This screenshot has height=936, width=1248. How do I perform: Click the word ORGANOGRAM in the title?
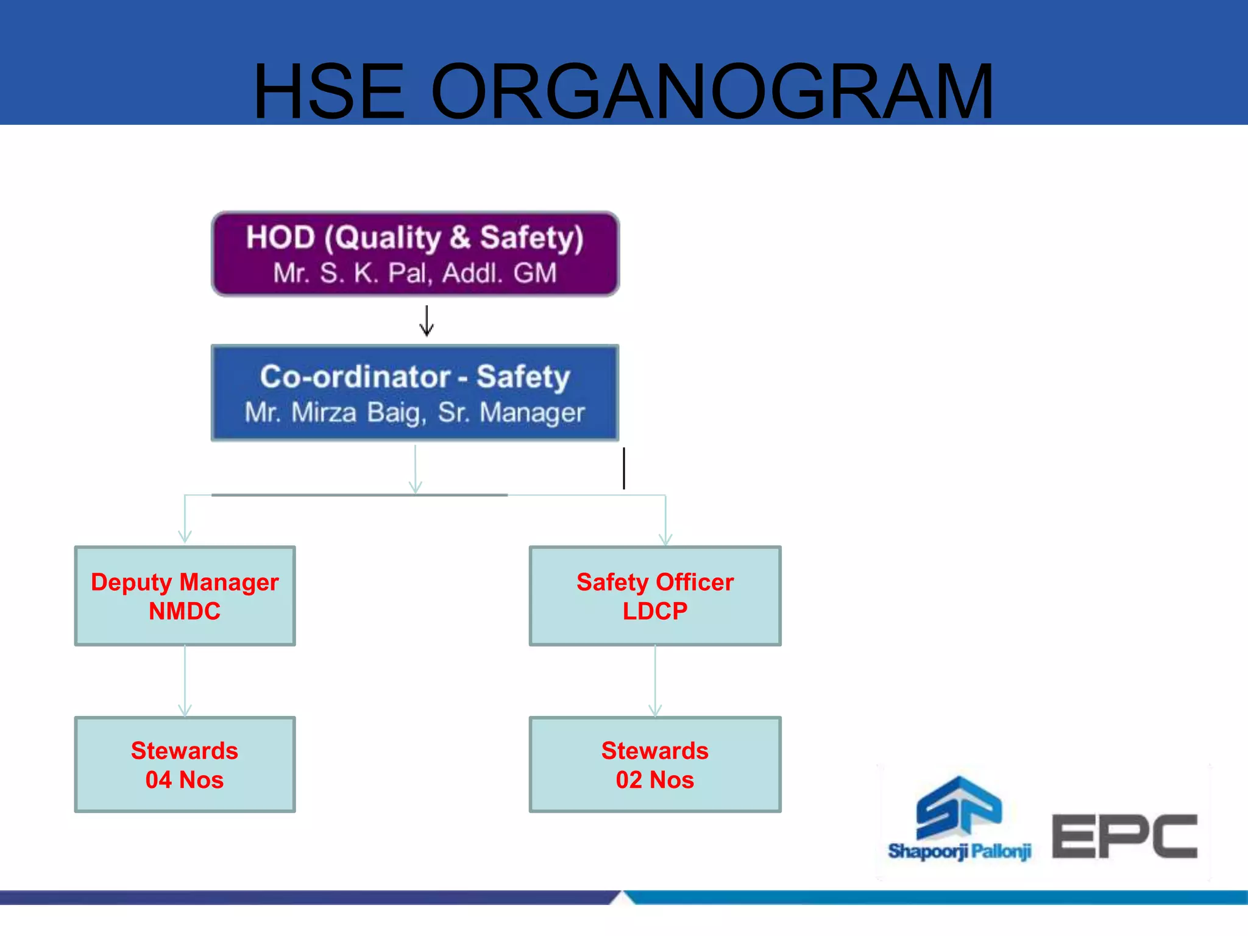click(x=712, y=91)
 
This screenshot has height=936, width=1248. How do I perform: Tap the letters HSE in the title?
click(x=329, y=91)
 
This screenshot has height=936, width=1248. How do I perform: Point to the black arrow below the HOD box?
click(x=427, y=321)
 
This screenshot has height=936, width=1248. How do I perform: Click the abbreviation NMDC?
click(x=185, y=611)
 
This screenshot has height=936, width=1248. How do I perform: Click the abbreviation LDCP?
click(x=655, y=611)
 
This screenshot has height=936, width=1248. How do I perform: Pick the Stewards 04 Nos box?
click(x=185, y=765)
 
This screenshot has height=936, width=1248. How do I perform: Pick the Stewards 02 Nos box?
click(x=655, y=765)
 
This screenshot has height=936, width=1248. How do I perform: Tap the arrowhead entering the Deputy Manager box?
click(x=185, y=537)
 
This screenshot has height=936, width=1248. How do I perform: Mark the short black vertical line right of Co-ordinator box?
click(x=624, y=468)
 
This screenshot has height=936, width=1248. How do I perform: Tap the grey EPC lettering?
click(x=1125, y=836)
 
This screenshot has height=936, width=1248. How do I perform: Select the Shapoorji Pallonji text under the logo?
click(x=959, y=851)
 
